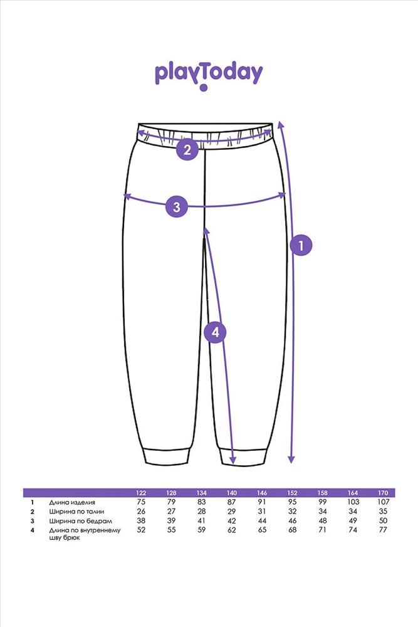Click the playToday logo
pyautogui.click(x=209, y=76)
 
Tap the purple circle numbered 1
pyautogui.click(x=301, y=245)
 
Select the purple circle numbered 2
pyautogui.click(x=187, y=150)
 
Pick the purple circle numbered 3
pyautogui.click(x=177, y=207)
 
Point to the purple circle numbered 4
pyautogui.click(x=216, y=332)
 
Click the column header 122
pyautogui.click(x=141, y=493)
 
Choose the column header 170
pyautogui.click(x=383, y=493)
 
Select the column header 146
pyautogui.click(x=262, y=493)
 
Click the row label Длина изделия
pyautogui.click(x=72, y=502)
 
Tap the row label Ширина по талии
pyautogui.click(x=76, y=512)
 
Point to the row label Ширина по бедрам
pyautogui.click(x=80, y=521)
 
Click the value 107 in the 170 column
pyautogui.click(x=383, y=502)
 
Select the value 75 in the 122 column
pyautogui.click(x=141, y=502)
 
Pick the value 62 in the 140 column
pyautogui.click(x=232, y=530)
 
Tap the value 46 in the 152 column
pyautogui.click(x=292, y=520)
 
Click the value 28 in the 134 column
pyautogui.click(x=201, y=512)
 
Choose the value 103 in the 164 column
pyautogui.click(x=353, y=502)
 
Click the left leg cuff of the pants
pyautogui.click(x=167, y=456)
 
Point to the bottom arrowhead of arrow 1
pyautogui.click(x=291, y=460)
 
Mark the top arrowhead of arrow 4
pyautogui.click(x=206, y=231)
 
